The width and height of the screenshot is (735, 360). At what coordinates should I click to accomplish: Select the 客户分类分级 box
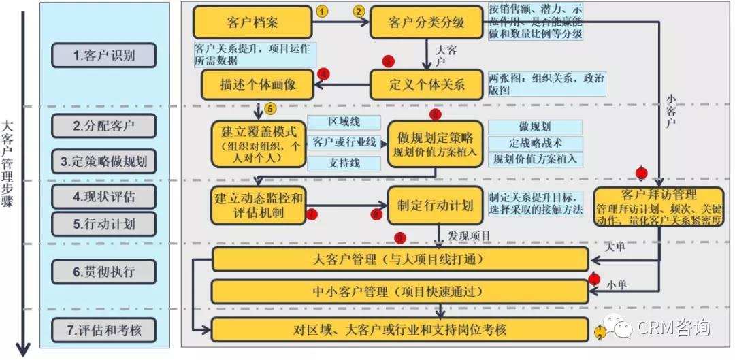tap(426, 22)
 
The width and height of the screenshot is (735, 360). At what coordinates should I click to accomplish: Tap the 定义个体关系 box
tap(426, 84)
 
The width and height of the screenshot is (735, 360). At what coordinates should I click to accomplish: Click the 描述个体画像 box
tap(257, 84)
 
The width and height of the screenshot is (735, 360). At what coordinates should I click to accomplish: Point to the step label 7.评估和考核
tap(104, 331)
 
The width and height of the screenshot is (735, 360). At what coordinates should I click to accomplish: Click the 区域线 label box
tap(344, 122)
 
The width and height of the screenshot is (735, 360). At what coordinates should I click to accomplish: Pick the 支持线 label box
tap(344, 163)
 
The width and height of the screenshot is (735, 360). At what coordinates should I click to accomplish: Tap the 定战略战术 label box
tap(535, 143)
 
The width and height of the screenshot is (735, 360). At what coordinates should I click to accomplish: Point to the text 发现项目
tap(470, 235)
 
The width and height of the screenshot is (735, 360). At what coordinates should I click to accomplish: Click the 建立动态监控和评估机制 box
tap(257, 205)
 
